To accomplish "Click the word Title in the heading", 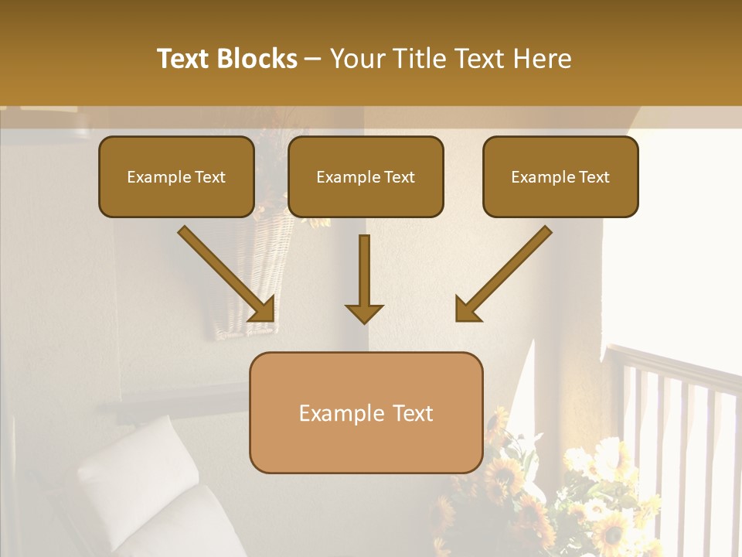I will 420,59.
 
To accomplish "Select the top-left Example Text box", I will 176,177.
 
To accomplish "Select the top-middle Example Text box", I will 366,177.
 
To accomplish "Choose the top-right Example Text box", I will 560,177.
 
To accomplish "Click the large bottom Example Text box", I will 366,412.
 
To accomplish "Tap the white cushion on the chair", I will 128,464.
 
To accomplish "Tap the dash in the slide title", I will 314,60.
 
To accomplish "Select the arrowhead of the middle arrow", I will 364,313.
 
